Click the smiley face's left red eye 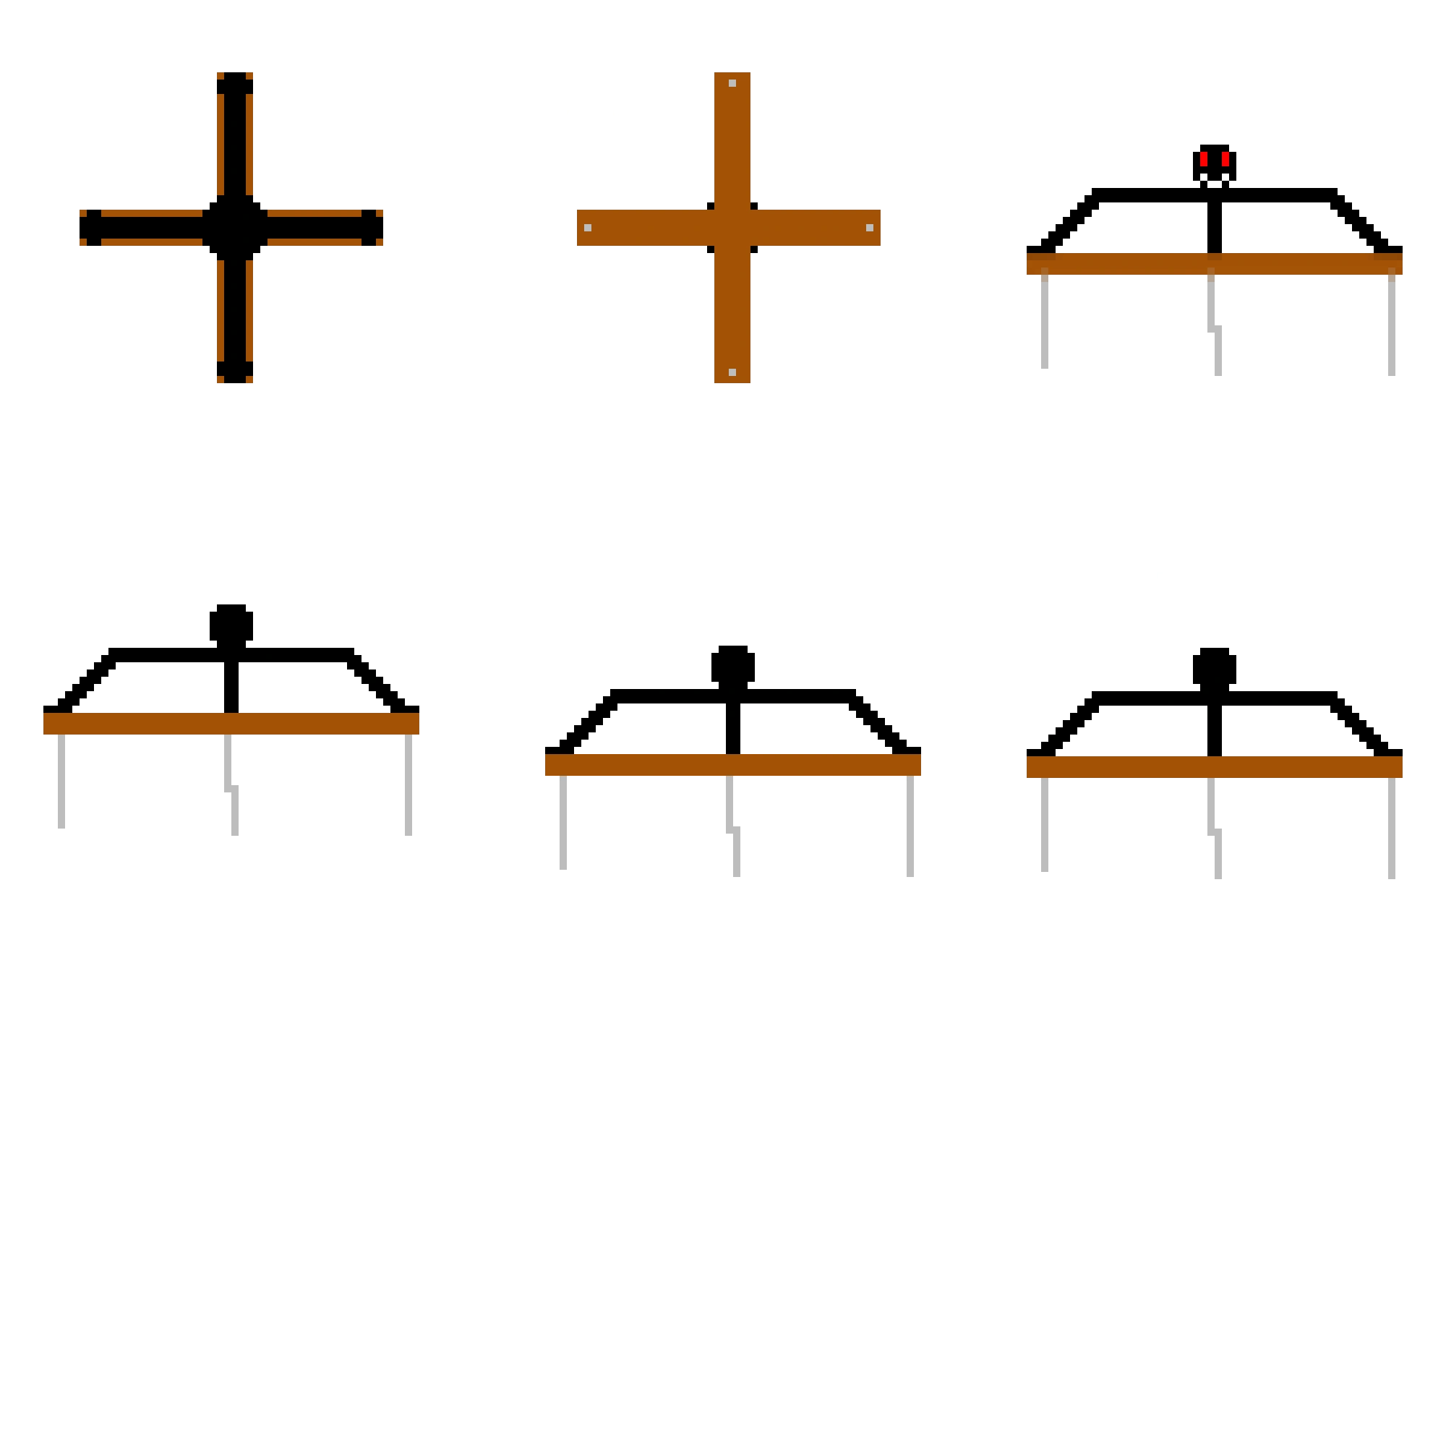[x=1204, y=158]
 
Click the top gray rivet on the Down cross [x=732, y=83]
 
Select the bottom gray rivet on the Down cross [x=732, y=372]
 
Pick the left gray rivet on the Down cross [x=588, y=228]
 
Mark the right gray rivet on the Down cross [x=869, y=228]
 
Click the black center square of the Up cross [x=234, y=228]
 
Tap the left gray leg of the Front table [x=1046, y=322]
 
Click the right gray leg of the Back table [x=1394, y=828]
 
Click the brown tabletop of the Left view [x=231, y=723]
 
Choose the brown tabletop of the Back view [x=1214, y=767]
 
